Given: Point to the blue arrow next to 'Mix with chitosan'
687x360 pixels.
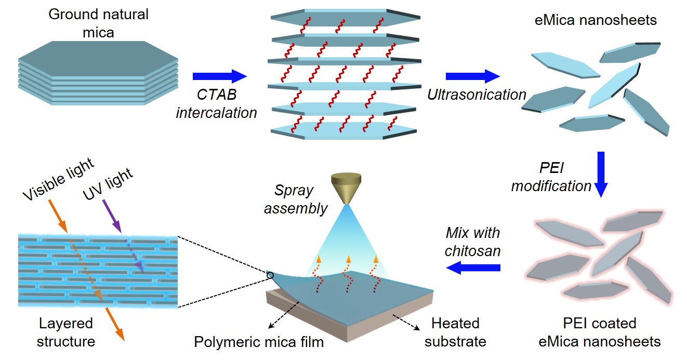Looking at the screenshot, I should [473, 268].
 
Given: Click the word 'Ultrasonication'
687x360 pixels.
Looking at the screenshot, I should [477, 95].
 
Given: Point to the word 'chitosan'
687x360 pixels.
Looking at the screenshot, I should [472, 251].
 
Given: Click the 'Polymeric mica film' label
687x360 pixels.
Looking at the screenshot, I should [259, 342].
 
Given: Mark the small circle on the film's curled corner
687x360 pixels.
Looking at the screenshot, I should [270, 275].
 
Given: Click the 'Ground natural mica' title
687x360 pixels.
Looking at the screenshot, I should [98, 23].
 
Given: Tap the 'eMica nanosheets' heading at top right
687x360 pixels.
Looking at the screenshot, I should [596, 20].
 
